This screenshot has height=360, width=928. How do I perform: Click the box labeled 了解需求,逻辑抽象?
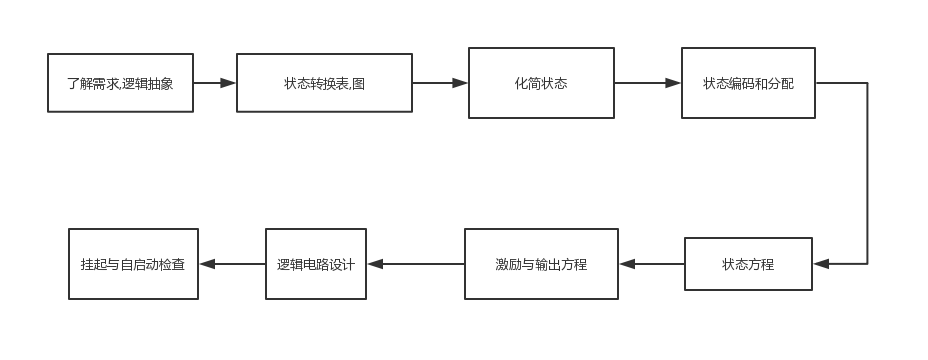(120, 83)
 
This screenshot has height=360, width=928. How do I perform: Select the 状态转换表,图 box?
(324, 83)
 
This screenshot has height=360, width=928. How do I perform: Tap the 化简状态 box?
(541, 83)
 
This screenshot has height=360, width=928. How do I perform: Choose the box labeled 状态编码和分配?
(748, 83)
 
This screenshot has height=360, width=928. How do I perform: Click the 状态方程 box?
(748, 264)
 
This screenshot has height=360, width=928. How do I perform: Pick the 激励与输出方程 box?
(541, 264)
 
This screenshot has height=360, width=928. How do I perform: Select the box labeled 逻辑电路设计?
(316, 264)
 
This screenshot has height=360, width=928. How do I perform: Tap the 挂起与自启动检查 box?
(133, 264)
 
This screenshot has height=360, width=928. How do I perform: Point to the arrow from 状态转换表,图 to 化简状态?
(440, 83)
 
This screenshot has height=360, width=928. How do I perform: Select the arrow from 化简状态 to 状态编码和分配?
(648, 83)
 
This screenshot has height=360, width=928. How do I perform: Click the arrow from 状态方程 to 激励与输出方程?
(652, 264)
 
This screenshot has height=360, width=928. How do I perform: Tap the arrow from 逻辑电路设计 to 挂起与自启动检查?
(232, 264)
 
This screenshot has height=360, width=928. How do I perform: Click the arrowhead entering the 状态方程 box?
(821, 264)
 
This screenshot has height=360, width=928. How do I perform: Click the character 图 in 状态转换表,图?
(359, 84)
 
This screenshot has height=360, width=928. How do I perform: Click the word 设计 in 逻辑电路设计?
(343, 265)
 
